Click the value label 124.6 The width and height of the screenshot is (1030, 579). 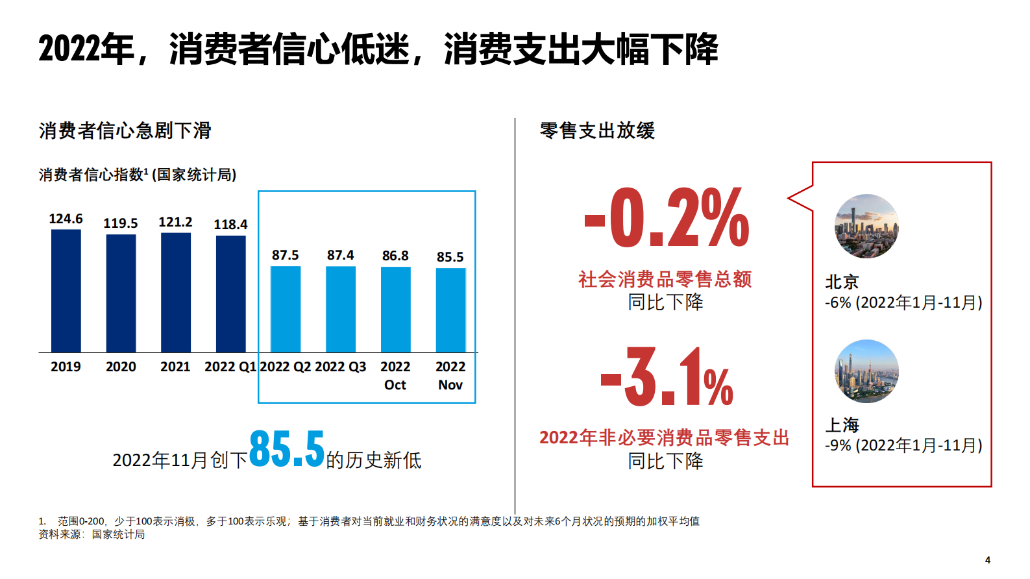pyautogui.click(x=66, y=219)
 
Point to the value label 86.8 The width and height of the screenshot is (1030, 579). pyautogui.click(x=395, y=256)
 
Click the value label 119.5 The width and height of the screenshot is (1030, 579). pyautogui.click(x=121, y=223)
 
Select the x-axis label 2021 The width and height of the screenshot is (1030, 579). pyautogui.click(x=175, y=367)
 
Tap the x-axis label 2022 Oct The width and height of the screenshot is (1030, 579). pyautogui.click(x=395, y=376)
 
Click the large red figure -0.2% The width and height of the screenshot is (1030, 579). pyautogui.click(x=666, y=218)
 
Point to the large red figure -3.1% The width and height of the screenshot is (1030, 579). pyautogui.click(x=666, y=378)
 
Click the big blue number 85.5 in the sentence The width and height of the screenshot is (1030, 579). pyautogui.click(x=286, y=449)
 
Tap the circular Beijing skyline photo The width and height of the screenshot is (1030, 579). pyautogui.click(x=866, y=226)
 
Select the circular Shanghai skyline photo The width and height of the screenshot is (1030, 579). pyautogui.click(x=866, y=371)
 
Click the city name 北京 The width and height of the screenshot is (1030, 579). pyautogui.click(x=842, y=282)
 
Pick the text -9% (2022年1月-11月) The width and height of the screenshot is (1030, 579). pyautogui.click(x=903, y=445)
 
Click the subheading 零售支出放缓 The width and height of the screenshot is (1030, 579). pyautogui.click(x=597, y=130)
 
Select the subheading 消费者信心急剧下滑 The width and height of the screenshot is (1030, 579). pyautogui.click(x=125, y=130)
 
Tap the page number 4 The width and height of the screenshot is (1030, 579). pyautogui.click(x=987, y=560)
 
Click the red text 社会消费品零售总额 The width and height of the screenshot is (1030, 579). pyautogui.click(x=665, y=279)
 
